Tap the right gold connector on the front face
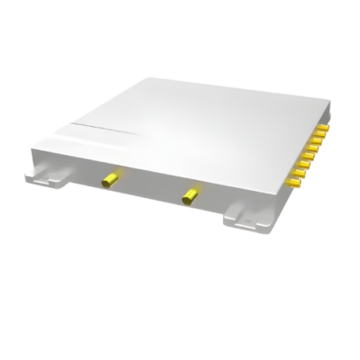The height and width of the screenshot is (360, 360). click(x=190, y=193)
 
